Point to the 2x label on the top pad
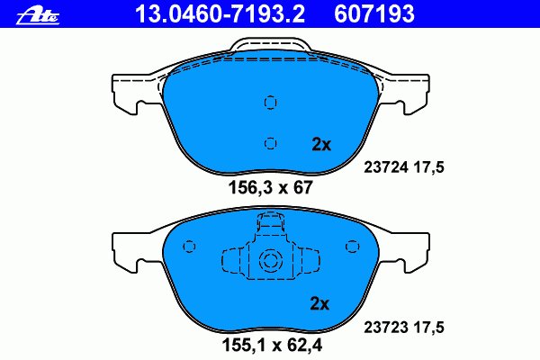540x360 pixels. pyautogui.click(x=321, y=144)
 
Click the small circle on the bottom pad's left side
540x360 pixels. pyautogui.click(x=190, y=246)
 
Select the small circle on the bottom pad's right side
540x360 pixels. pyautogui.click(x=350, y=246)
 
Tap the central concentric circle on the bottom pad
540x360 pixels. pyautogui.click(x=270, y=262)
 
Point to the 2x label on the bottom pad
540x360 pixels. pyautogui.click(x=321, y=303)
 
